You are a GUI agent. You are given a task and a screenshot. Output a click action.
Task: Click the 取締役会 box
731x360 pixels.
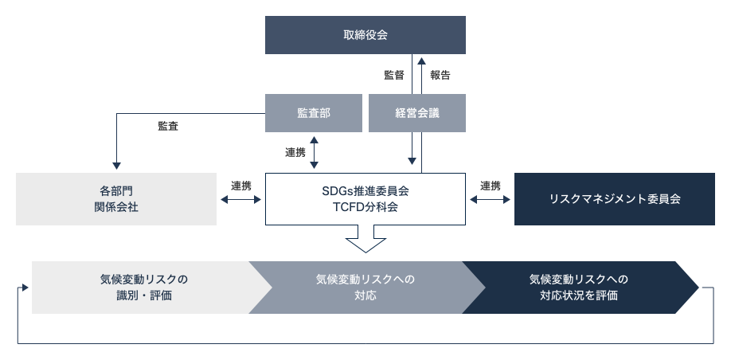[x=365, y=35]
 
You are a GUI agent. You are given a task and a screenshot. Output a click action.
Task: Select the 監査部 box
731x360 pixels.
[x=314, y=113]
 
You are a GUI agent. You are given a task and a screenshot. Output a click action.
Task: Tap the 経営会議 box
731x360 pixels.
[x=417, y=113]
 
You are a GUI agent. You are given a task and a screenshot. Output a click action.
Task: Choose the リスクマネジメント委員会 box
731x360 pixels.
[x=615, y=199]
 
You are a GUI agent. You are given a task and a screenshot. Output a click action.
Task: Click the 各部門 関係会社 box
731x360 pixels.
[x=116, y=199]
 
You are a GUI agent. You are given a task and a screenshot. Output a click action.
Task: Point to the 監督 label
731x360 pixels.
[x=394, y=75]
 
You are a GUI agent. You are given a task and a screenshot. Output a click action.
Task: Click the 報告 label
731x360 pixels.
[x=440, y=75]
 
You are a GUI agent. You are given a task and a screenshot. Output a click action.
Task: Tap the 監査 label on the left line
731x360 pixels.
[x=168, y=126]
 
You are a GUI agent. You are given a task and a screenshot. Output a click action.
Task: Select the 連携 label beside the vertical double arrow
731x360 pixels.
[x=295, y=152]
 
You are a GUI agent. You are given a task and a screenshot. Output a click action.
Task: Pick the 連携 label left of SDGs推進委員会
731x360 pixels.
[x=241, y=186]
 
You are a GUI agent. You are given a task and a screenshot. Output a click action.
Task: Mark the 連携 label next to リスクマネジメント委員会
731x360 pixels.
[x=491, y=186]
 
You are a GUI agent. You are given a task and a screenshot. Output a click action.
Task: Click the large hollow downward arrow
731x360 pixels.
[x=366, y=239]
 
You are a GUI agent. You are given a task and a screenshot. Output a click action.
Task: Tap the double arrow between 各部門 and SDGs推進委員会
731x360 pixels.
[x=241, y=200]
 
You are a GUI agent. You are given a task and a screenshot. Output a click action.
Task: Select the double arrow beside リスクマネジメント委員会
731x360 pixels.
[x=490, y=200]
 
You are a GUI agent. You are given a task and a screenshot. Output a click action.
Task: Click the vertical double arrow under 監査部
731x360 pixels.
[x=315, y=152]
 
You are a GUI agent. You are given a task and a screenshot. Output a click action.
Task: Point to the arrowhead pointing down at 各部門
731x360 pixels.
[x=116, y=166]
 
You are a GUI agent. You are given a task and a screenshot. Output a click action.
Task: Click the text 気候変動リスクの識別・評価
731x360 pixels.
[x=144, y=288]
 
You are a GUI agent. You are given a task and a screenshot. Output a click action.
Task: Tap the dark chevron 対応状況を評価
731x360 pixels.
[x=580, y=288]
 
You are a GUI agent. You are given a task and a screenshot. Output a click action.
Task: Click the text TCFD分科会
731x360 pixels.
[x=365, y=207]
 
